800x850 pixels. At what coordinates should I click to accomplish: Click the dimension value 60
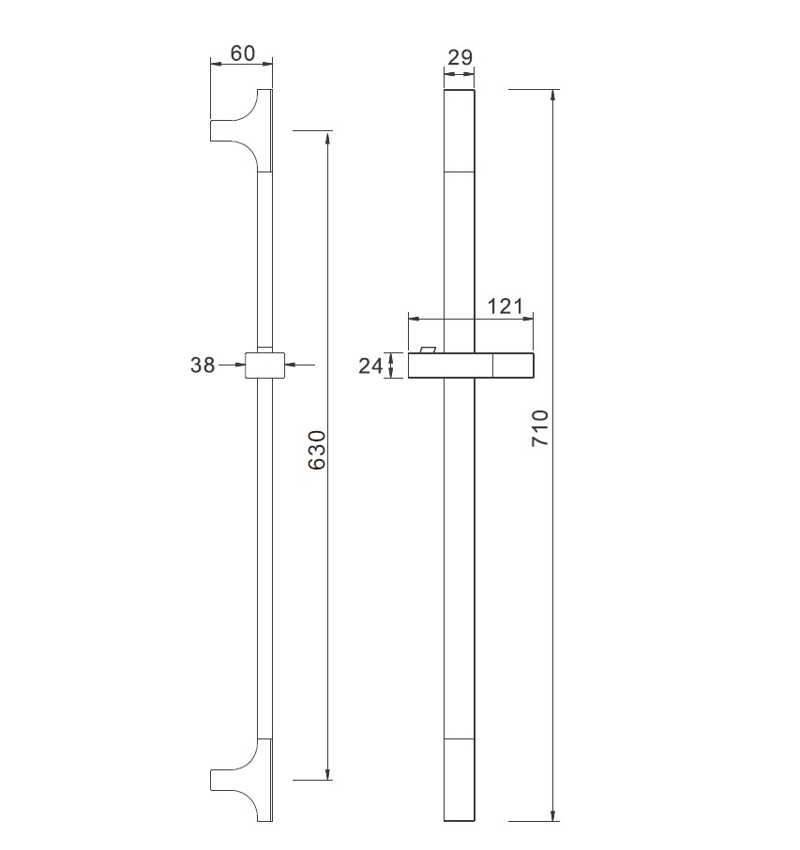click(x=243, y=53)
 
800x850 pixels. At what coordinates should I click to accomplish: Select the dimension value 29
click(x=460, y=57)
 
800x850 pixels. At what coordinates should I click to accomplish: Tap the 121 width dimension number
click(x=505, y=306)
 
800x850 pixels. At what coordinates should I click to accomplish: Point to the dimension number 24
click(x=370, y=365)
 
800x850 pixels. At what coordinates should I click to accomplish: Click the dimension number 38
click(x=203, y=365)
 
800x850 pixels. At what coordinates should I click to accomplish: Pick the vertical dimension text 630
click(x=317, y=450)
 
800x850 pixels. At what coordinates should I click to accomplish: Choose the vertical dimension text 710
click(x=540, y=428)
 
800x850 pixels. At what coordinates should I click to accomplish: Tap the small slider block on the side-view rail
click(x=264, y=365)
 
